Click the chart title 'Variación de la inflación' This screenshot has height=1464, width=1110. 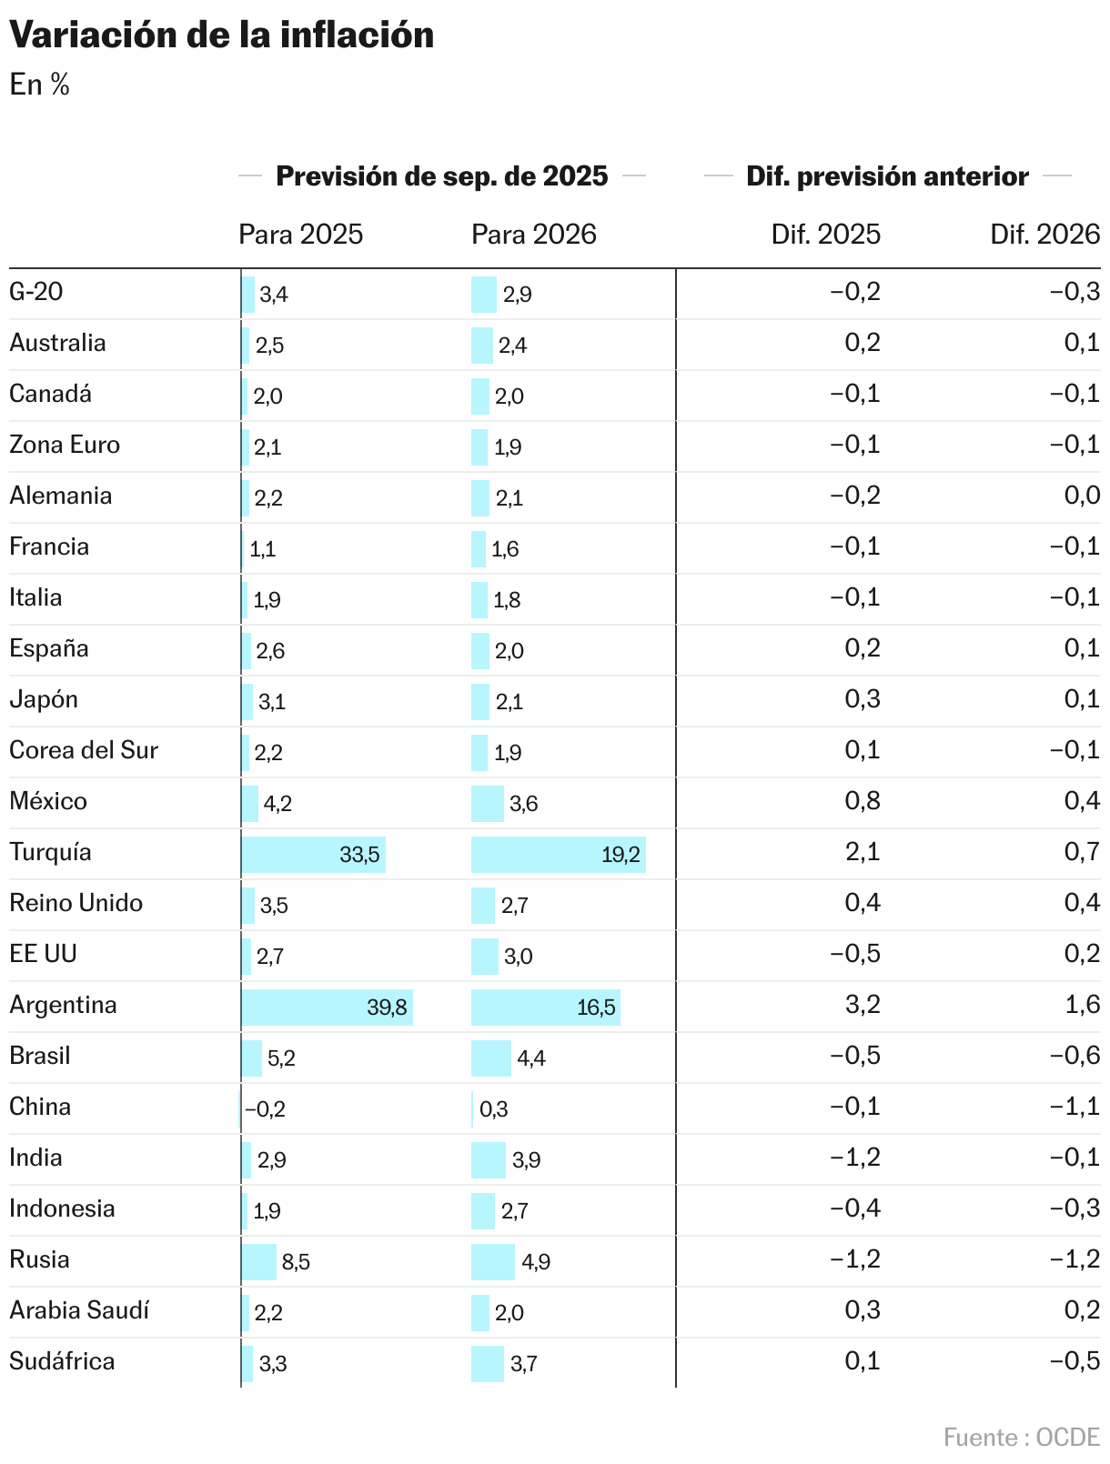[221, 35]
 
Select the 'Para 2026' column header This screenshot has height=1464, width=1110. [533, 235]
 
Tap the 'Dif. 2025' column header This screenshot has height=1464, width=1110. [825, 235]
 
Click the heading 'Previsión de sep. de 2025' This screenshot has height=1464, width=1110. [441, 175]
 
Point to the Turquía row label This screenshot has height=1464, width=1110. [50, 852]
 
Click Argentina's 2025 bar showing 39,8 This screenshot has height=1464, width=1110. [327, 1007]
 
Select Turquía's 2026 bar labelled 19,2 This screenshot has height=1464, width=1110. [558, 854]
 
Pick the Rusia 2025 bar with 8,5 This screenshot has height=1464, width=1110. [259, 1261]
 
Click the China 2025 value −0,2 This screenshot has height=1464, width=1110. [265, 1108]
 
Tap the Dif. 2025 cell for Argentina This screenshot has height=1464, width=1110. [863, 1005]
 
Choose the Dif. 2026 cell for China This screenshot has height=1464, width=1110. [1075, 1107]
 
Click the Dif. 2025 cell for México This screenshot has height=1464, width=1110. [863, 801]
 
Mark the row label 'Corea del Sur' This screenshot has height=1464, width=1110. [84, 750]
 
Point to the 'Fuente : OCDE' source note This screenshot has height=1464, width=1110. [1021, 1437]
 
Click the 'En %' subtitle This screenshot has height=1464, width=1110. [39, 85]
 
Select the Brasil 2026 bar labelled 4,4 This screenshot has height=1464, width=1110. [491, 1058]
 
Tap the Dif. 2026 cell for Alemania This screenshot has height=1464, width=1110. [1081, 496]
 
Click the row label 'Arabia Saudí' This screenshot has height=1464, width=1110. [79, 1310]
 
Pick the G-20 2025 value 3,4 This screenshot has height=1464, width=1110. [274, 294]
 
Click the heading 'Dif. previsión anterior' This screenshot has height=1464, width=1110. [887, 175]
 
